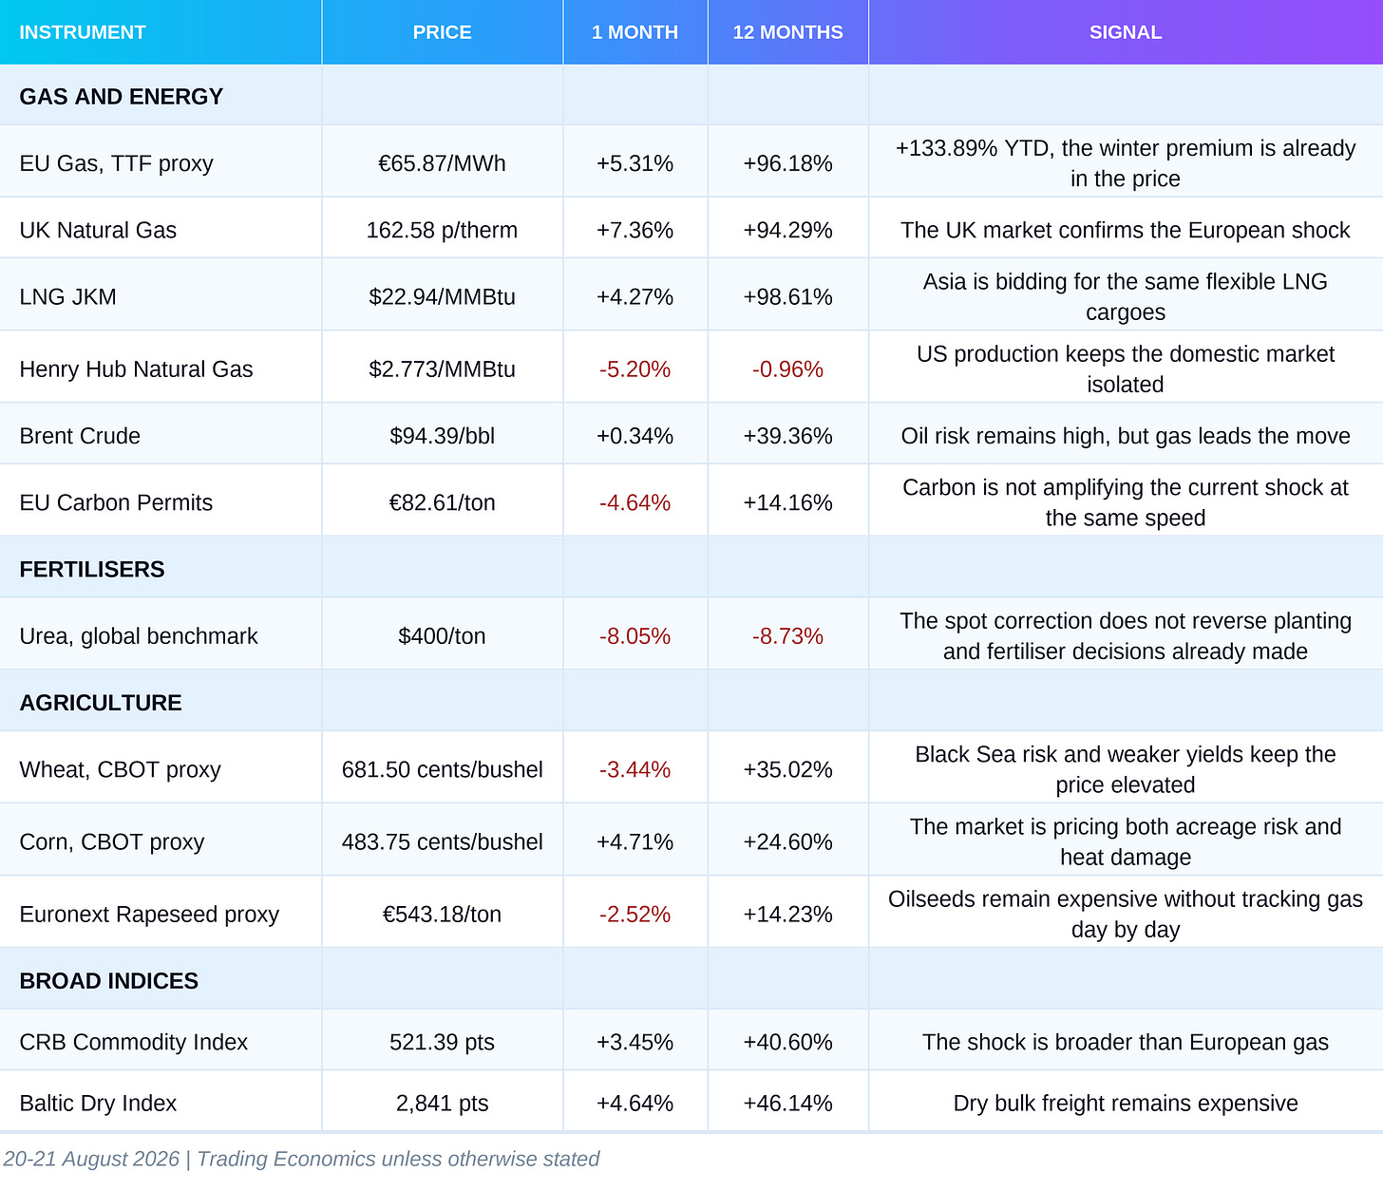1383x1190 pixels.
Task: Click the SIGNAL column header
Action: click(1125, 32)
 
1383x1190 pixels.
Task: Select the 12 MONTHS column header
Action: click(787, 32)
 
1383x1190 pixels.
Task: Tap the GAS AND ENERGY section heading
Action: click(121, 96)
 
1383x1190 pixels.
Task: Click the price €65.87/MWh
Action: click(442, 163)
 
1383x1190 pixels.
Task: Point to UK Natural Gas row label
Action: click(98, 230)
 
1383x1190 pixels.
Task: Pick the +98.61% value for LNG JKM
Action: click(787, 296)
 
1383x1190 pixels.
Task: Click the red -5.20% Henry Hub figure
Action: click(635, 368)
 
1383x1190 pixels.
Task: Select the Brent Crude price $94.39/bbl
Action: click(442, 436)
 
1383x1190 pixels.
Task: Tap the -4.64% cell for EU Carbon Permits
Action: click(635, 502)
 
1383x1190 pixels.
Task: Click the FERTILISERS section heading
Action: click(92, 569)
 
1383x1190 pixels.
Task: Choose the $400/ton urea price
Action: click(442, 635)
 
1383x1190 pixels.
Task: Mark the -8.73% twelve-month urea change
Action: click(787, 635)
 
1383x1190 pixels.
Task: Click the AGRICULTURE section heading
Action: click(101, 703)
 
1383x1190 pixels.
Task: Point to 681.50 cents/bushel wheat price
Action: click(442, 769)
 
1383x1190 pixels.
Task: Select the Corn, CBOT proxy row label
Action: click(112, 841)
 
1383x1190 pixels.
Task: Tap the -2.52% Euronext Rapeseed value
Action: click(635, 914)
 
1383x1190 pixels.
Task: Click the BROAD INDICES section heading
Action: click(109, 981)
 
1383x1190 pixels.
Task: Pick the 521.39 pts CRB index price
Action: click(442, 1042)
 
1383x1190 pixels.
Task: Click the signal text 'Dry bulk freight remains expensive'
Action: click(1125, 1103)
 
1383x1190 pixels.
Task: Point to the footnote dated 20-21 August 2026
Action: click(301, 1159)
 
